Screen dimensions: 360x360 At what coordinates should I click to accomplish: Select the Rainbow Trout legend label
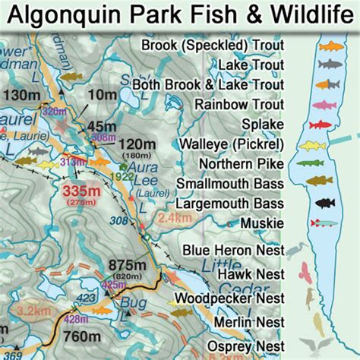pyautogui.click(x=238, y=104)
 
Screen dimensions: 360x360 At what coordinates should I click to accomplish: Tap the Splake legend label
pyautogui.click(x=262, y=124)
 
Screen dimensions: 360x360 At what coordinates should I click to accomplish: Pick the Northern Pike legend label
pyautogui.click(x=241, y=163)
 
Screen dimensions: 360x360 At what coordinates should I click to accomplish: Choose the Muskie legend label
pyautogui.click(x=262, y=223)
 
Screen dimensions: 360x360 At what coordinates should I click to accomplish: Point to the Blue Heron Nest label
pyautogui.click(x=234, y=251)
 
